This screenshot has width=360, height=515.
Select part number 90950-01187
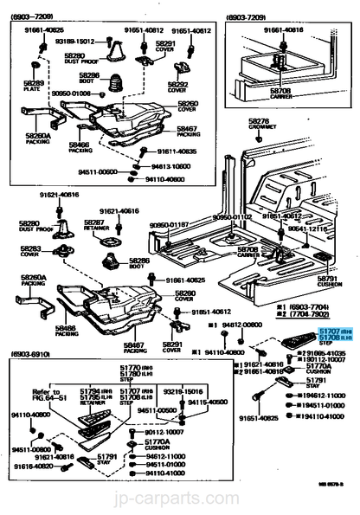(x=169, y=225)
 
